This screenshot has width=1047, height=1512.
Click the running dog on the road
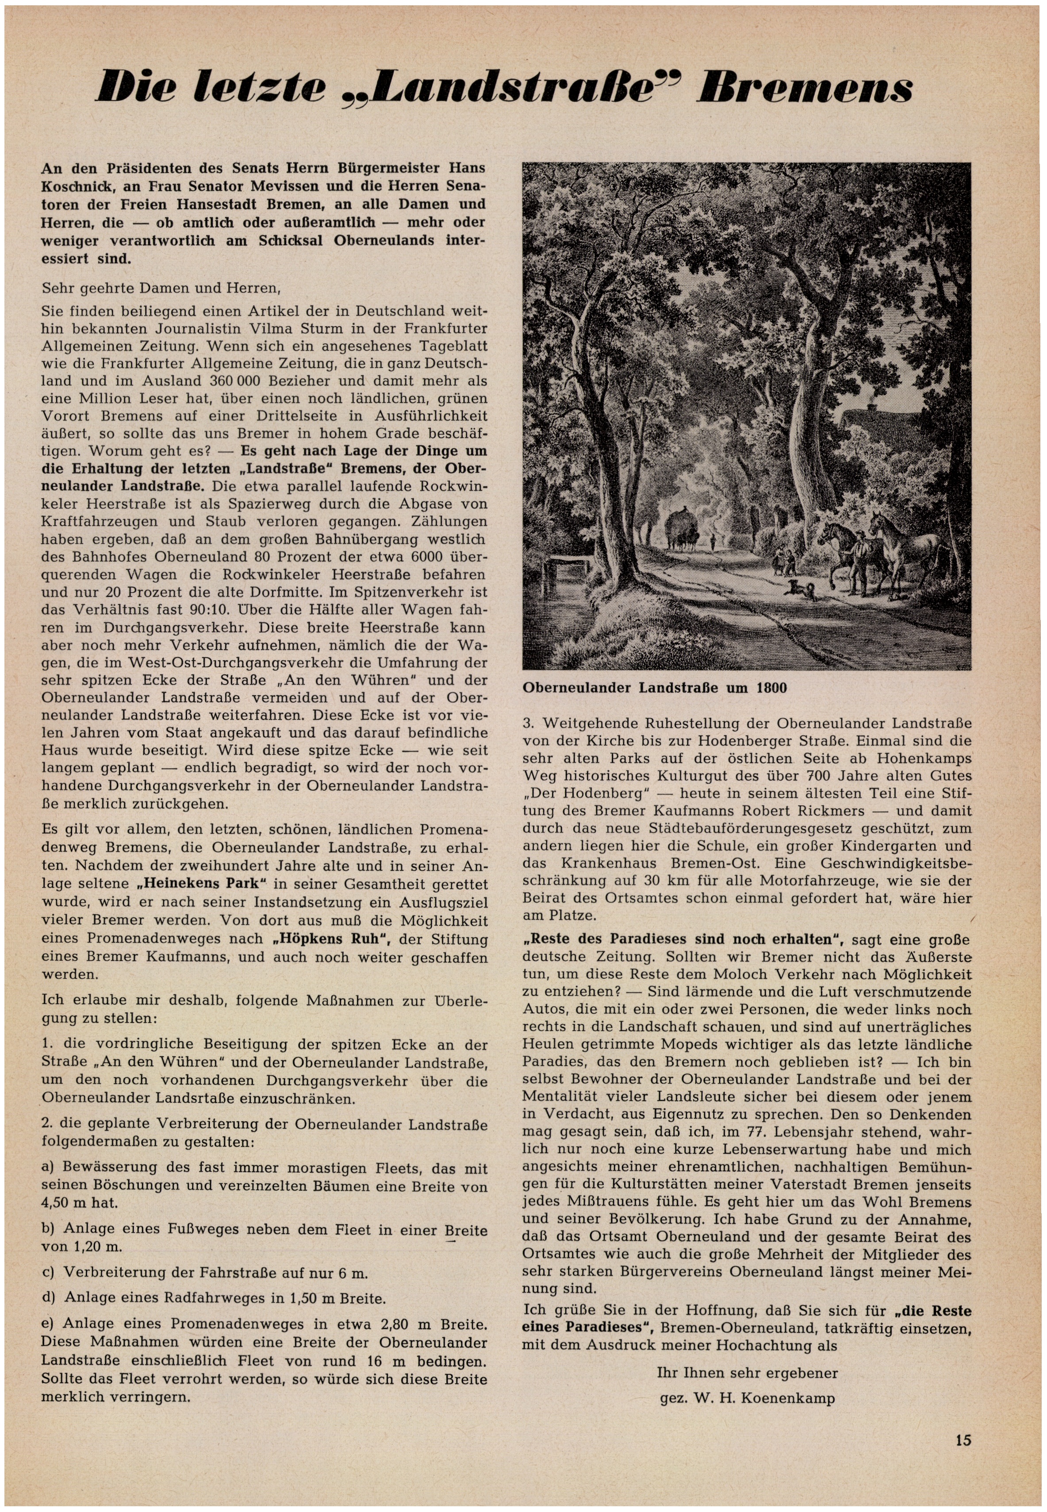pyautogui.click(x=802, y=588)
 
